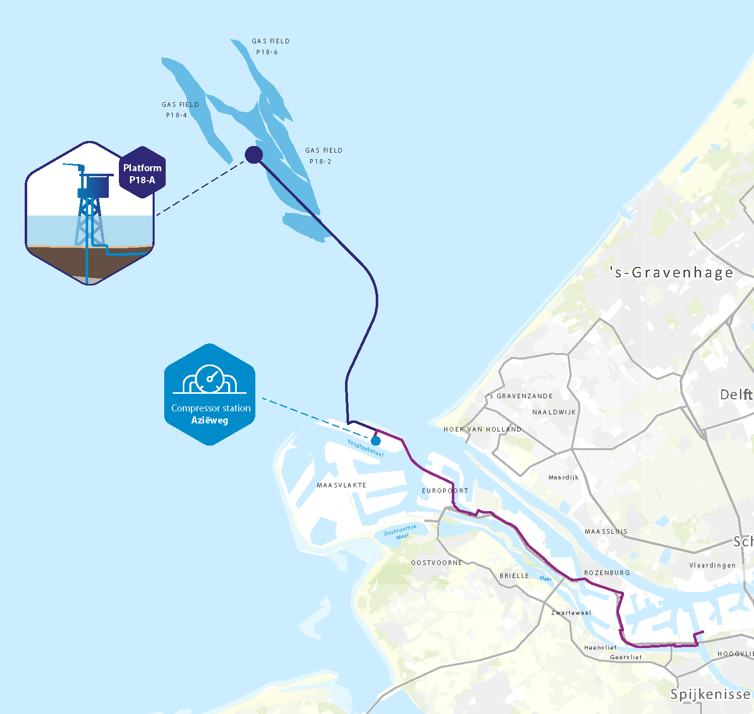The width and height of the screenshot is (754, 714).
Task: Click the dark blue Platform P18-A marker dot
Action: pos(254,155)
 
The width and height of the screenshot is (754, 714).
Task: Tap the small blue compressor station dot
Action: pos(376,441)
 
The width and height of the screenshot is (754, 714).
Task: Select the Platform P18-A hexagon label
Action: pos(143,173)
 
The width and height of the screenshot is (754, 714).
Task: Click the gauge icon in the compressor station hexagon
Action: pos(210,378)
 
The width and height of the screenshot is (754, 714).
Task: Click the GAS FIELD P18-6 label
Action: pos(270,46)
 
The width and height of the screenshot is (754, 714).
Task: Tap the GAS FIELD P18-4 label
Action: pos(180,110)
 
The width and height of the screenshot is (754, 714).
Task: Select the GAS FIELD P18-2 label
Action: pos(323,156)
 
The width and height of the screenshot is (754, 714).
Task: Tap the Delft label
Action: pos(736,394)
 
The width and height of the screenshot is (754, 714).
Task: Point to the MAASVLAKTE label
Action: pos(341,485)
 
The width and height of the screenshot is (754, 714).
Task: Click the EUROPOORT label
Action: pos(445,490)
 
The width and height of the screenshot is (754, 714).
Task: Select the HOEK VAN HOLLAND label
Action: pos(483,430)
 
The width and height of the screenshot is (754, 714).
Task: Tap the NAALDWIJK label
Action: pos(554,412)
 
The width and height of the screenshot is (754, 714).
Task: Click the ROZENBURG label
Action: pos(607,573)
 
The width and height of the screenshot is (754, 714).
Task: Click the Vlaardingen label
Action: pos(712,565)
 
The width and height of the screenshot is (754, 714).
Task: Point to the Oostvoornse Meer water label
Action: pos(401,532)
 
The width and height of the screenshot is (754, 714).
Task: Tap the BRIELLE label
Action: pos(514,576)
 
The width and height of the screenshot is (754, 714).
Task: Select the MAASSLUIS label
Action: pos(606,532)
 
